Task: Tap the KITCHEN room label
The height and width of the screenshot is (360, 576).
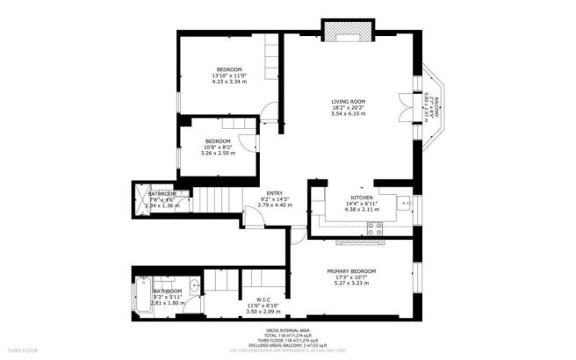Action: click(363, 198)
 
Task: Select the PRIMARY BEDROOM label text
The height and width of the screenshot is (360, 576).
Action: click(351, 271)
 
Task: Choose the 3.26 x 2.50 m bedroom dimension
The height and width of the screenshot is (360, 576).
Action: click(217, 154)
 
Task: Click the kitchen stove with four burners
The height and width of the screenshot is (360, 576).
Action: click(375, 227)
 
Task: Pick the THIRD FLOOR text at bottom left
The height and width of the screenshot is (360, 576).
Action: click(24, 351)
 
